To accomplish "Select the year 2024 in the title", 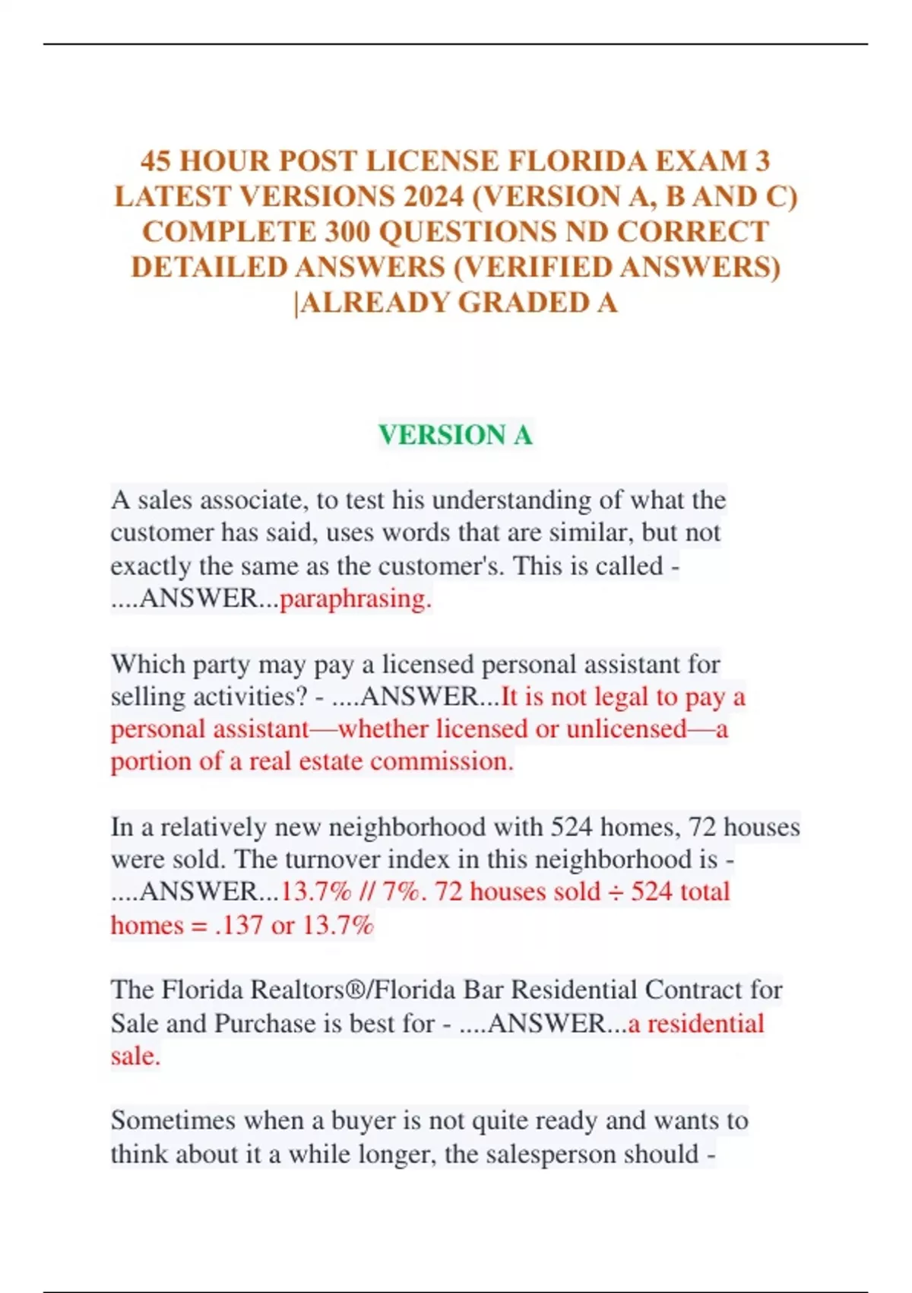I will [x=434, y=197].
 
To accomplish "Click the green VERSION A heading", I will [x=455, y=435].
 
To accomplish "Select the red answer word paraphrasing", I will [x=355, y=599].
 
